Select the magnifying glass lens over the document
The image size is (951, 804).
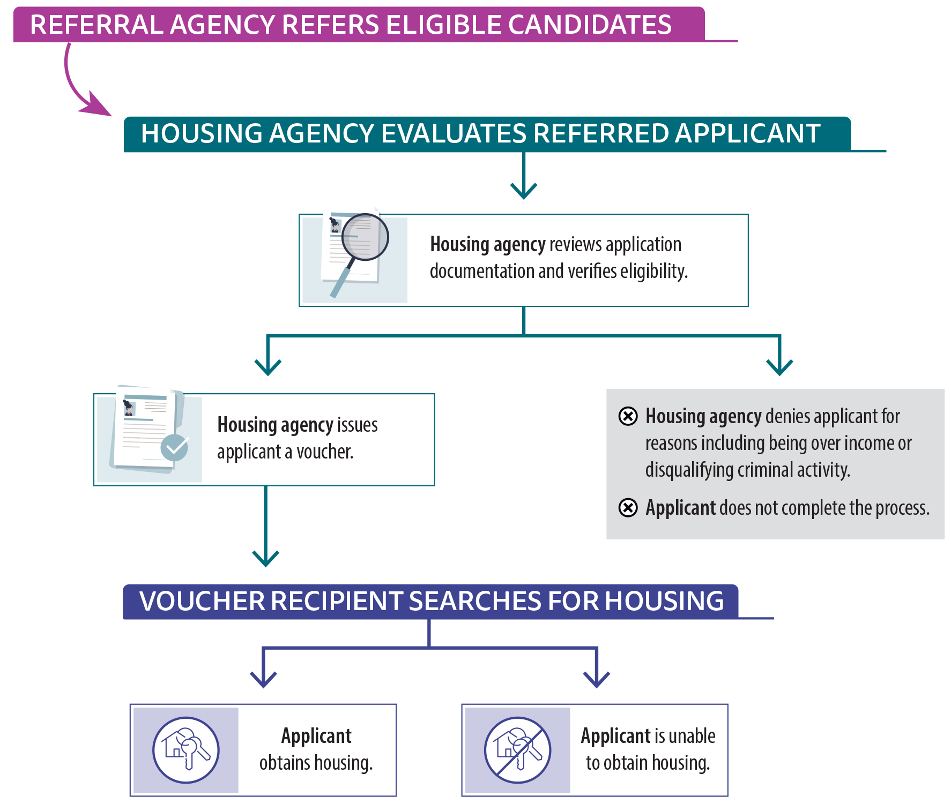365,237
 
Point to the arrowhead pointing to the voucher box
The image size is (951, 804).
268,367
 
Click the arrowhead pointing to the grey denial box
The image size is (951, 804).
779,367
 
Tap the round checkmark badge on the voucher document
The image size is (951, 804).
174,447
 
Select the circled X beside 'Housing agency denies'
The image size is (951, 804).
628,416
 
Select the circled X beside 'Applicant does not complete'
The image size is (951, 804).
628,507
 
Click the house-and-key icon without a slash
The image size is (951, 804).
186,750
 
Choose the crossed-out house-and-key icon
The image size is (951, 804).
517,750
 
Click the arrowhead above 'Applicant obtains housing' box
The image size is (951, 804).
263,679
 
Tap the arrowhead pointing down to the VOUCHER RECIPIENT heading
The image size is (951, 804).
265,558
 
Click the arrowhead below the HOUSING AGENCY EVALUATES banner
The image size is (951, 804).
523,190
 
